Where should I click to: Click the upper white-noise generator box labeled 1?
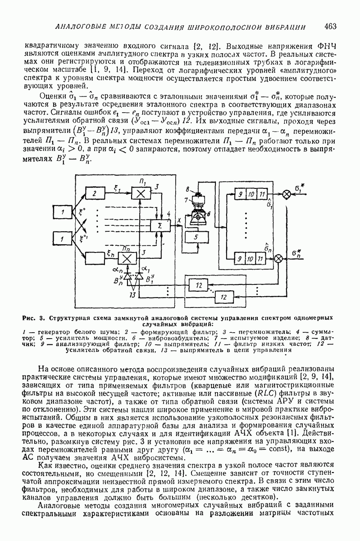pos(64,212)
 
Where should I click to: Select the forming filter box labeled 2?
pos(95,194)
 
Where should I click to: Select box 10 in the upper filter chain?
pos(250,194)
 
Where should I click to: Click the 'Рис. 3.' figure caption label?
pos(35,318)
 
